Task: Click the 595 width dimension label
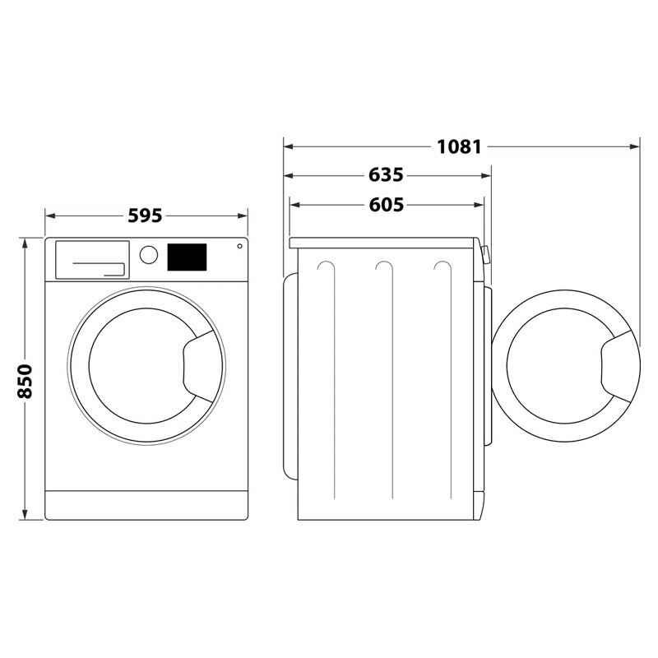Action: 146,215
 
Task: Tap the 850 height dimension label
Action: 25,380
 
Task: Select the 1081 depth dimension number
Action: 458,147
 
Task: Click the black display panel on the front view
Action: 188,257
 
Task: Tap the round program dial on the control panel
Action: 148,254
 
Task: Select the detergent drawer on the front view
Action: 91,258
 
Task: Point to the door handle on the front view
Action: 197,363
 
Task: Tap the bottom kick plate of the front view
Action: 146,504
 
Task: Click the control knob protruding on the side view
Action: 486,254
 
